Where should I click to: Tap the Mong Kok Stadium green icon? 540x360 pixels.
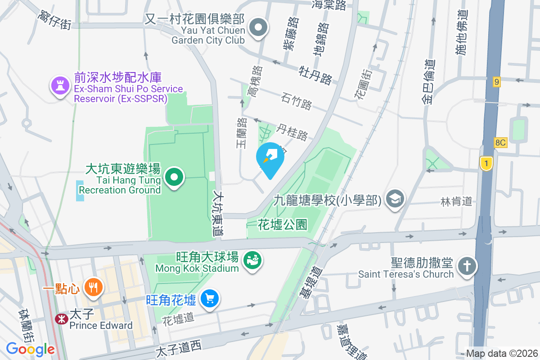[x=252, y=261]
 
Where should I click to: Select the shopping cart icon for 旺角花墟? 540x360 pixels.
[x=210, y=299]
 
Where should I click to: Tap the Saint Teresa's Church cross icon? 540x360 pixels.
[x=467, y=266]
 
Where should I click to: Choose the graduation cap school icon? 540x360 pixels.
[x=396, y=199]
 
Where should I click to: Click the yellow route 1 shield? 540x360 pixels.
[x=486, y=163]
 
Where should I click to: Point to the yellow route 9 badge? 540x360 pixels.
[x=497, y=82]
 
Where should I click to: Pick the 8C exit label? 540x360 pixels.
[x=501, y=143]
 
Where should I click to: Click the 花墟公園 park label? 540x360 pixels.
[x=283, y=224]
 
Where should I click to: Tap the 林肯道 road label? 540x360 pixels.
[x=457, y=202]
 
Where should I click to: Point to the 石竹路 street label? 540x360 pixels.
[x=297, y=101]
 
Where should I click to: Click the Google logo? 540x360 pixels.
[x=30, y=349]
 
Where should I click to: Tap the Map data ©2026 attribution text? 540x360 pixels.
[x=502, y=354]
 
